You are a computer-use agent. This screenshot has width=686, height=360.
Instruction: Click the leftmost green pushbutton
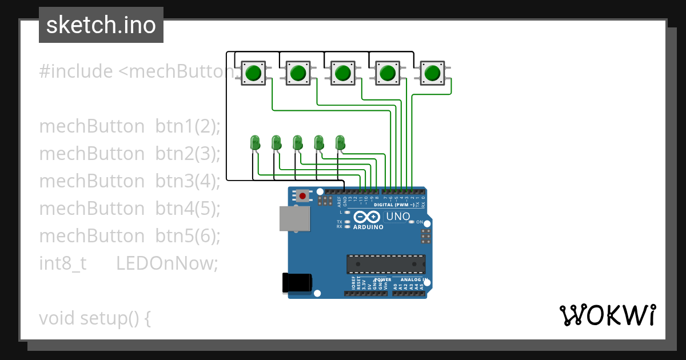(253, 73)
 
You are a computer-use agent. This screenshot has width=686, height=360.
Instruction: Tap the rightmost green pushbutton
(433, 73)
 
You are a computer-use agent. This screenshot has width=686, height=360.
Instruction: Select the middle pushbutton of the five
(342, 73)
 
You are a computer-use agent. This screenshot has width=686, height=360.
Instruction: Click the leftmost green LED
(255, 142)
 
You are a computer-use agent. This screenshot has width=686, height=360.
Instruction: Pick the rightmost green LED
(340, 142)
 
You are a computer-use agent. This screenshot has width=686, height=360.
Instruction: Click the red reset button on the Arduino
(302, 196)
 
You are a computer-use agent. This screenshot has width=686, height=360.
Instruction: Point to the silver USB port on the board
(291, 218)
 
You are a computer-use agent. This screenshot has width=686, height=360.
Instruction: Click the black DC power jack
(297, 283)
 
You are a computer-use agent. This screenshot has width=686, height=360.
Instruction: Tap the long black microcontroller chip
(386, 264)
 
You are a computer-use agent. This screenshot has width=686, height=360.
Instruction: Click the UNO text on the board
(398, 217)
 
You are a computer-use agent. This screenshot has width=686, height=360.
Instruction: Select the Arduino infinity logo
(366, 217)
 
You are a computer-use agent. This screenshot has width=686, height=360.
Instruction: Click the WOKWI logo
(607, 315)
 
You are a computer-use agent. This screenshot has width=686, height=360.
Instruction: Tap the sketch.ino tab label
(101, 25)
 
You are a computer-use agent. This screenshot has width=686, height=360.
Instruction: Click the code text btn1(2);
(188, 126)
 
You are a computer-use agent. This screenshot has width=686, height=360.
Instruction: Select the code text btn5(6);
(188, 236)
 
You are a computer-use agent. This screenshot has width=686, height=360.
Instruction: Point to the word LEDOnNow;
(167, 263)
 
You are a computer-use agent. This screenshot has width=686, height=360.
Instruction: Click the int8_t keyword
(63, 263)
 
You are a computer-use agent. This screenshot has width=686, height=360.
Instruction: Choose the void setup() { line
(95, 318)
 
